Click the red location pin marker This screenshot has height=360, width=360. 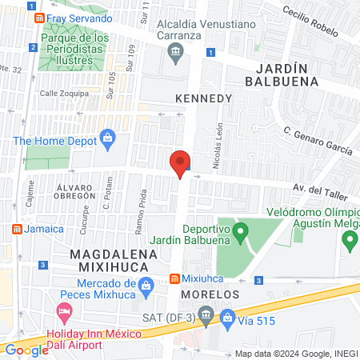181,164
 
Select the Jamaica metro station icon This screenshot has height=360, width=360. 15,229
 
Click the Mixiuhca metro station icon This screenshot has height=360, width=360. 174,279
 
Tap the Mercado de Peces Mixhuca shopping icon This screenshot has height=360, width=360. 146,286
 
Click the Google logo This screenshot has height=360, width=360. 26,350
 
